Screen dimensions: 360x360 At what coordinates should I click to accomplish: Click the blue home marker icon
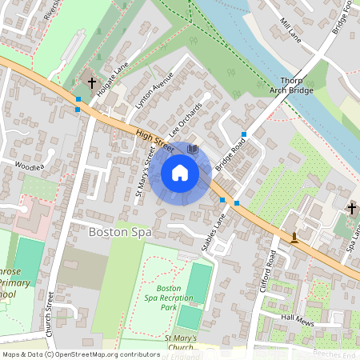click(180, 173)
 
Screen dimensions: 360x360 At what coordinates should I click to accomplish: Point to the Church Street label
click(50, 312)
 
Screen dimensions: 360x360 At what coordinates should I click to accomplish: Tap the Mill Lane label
click(290, 31)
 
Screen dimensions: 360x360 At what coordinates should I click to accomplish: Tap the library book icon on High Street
click(192, 148)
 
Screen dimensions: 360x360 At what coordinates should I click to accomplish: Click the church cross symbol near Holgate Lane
click(92, 81)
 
